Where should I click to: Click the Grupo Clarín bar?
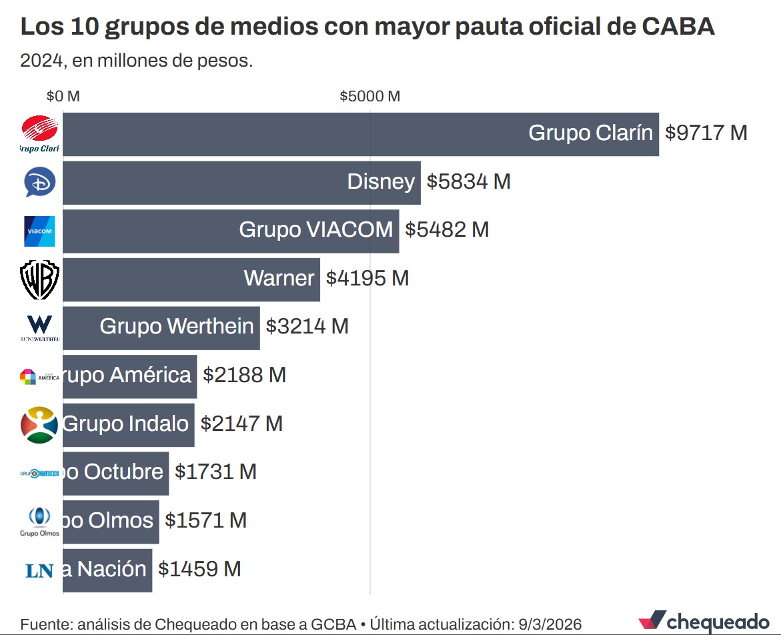[x=360, y=133]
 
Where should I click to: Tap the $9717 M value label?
[x=706, y=133]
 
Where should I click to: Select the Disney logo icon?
[x=39, y=182]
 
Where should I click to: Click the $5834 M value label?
[x=468, y=181]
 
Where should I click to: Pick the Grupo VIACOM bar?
[x=231, y=230]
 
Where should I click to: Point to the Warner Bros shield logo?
[x=40, y=279]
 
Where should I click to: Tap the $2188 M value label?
[x=244, y=375]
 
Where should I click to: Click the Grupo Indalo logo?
[x=39, y=424]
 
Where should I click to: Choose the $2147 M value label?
[x=241, y=424]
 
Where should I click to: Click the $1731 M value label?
[x=215, y=472]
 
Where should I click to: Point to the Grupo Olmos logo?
[x=40, y=521]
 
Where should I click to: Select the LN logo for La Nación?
[x=39, y=570]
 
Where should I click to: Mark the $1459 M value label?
[x=199, y=569]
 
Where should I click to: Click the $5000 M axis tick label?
[x=369, y=96]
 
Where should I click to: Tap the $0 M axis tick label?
[x=63, y=96]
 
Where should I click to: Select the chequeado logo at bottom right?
[x=704, y=621]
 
